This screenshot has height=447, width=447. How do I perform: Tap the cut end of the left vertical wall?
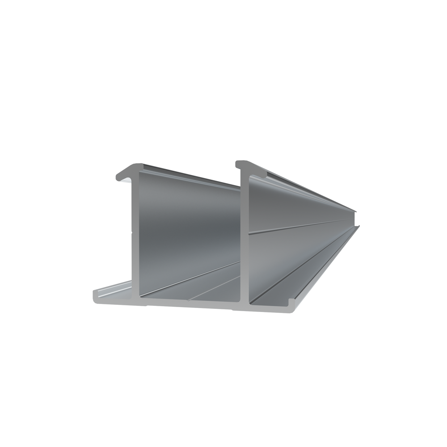[135, 232]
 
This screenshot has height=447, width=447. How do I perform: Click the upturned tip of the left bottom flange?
[96, 295]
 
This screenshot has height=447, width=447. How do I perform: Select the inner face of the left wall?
[188, 223]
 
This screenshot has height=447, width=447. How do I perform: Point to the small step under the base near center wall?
[233, 308]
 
